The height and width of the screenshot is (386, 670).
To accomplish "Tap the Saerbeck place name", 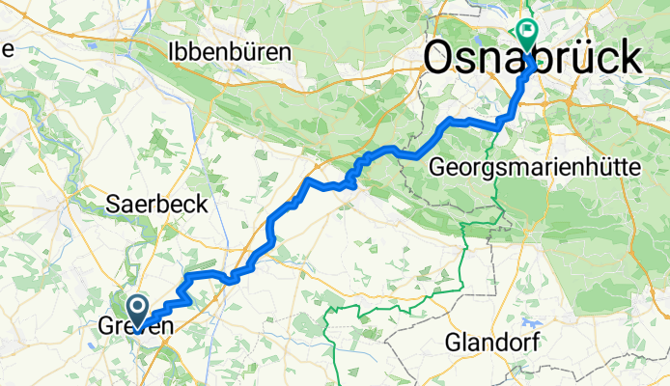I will (145, 204).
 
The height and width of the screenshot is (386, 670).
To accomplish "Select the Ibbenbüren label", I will (229, 52).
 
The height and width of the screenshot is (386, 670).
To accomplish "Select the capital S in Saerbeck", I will (113, 204).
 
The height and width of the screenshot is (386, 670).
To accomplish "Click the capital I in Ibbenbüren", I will (172, 52).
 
